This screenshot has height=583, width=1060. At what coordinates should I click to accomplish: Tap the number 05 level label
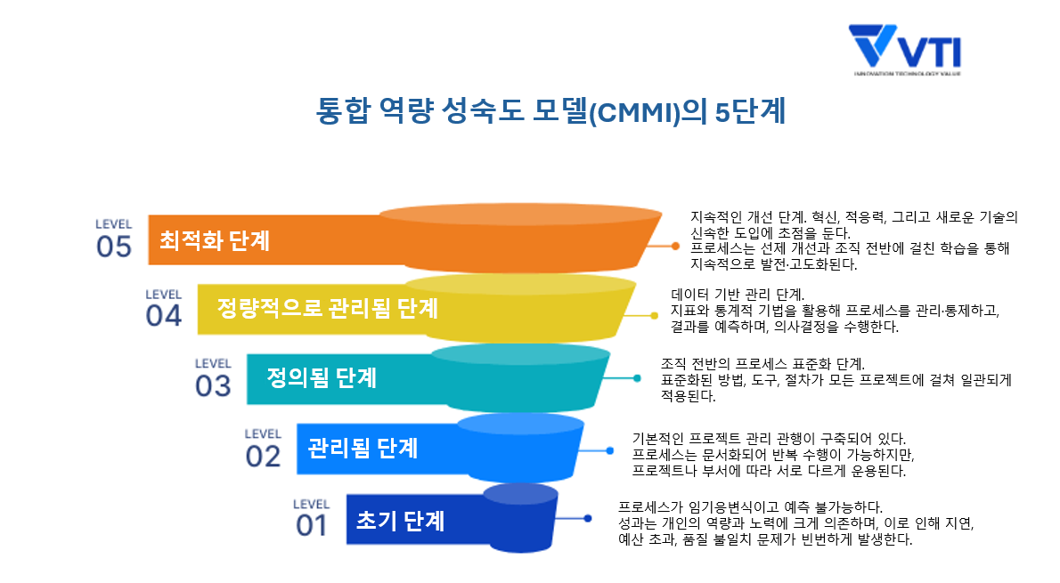point(114,246)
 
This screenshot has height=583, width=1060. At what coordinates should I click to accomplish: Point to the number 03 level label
point(213,385)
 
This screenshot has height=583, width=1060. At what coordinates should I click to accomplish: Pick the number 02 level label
point(263,455)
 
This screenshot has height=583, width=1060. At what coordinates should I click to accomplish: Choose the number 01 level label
point(312,525)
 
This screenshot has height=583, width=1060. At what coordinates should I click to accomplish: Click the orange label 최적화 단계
point(215,240)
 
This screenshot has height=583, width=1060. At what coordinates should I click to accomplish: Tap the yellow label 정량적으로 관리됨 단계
point(327,308)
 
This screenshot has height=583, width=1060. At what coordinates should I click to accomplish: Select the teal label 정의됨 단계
point(322,377)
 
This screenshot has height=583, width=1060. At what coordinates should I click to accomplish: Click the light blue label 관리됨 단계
point(363,447)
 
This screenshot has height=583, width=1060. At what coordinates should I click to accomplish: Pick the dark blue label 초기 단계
point(400,518)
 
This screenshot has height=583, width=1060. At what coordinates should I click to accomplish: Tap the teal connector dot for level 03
point(637,378)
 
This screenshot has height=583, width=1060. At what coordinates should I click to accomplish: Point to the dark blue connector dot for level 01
point(588,518)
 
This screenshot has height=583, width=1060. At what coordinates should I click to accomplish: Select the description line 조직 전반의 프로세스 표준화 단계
point(762,364)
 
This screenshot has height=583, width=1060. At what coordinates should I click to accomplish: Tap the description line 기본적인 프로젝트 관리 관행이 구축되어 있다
point(768,438)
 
